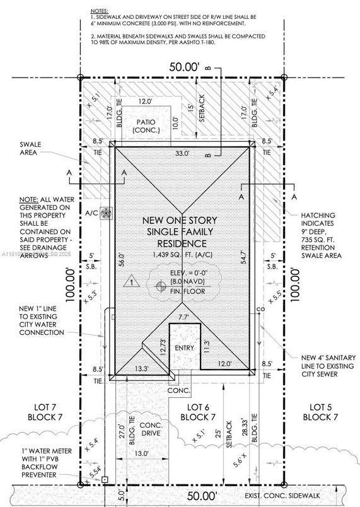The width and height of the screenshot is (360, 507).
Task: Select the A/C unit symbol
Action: click(105, 214)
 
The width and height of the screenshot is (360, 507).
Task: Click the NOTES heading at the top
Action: click(99, 11)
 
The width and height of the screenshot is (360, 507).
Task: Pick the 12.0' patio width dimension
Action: click(146, 100)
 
